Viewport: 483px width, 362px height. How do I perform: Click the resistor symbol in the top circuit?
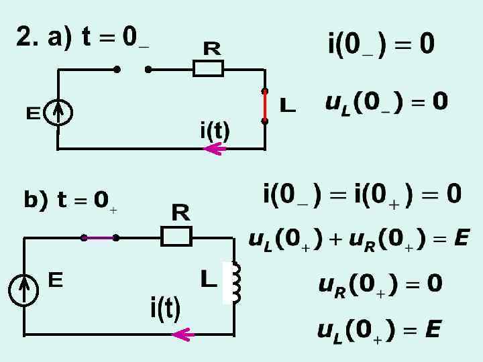pyautogui.click(x=208, y=68)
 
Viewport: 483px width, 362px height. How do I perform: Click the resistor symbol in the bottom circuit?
pyautogui.click(x=176, y=237)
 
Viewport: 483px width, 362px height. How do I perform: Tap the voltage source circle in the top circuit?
pyautogui.click(x=59, y=113)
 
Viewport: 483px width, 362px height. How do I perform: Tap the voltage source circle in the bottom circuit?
pyautogui.click(x=24, y=289)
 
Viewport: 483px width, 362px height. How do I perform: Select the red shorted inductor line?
pyautogui.click(x=265, y=106)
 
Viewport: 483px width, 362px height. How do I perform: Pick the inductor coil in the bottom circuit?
pyautogui.click(x=235, y=282)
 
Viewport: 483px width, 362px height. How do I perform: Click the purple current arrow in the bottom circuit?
pyautogui.click(x=183, y=334)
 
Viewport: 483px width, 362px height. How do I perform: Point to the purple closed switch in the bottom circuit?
pyautogui.click(x=99, y=237)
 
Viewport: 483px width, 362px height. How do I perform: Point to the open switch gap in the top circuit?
pyautogui.click(x=132, y=68)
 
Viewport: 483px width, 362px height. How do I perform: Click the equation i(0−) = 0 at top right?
pyautogui.click(x=381, y=45)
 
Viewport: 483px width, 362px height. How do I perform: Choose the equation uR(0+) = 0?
pyautogui.click(x=380, y=285)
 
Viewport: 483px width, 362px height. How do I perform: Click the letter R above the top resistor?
pyautogui.click(x=213, y=48)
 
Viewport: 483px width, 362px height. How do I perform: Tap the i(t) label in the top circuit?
pyautogui.click(x=215, y=130)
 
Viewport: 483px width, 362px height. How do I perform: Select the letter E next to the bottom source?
pyautogui.click(x=56, y=280)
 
